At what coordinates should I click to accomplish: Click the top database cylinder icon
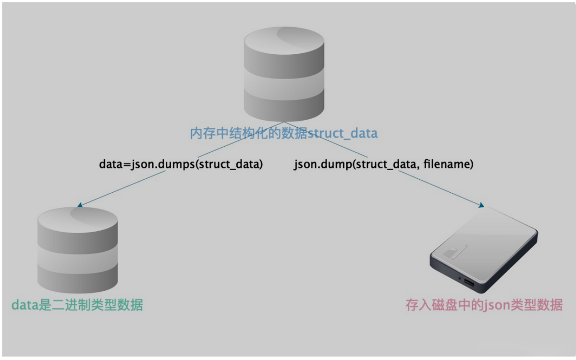click(x=284, y=75)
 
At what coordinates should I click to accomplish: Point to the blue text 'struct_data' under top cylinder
click(x=343, y=134)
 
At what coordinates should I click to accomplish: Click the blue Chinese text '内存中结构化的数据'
click(x=249, y=134)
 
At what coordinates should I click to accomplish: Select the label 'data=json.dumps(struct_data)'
click(x=181, y=164)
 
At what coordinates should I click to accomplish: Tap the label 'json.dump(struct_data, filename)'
click(x=383, y=164)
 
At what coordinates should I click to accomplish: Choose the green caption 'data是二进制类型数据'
click(x=77, y=305)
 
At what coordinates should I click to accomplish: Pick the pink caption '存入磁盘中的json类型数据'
click(x=484, y=305)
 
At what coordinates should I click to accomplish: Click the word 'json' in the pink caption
click(x=495, y=305)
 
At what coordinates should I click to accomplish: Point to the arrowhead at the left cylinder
click(x=80, y=205)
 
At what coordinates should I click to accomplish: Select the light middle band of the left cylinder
click(x=77, y=256)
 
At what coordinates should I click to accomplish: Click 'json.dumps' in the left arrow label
click(x=147, y=164)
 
